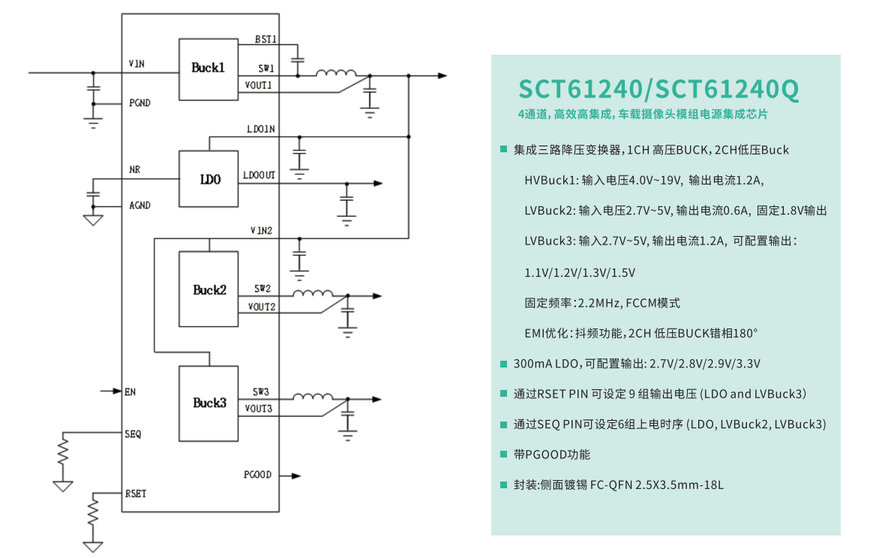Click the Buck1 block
pos(208,68)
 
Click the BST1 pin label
pos(265,39)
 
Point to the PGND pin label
pos(139,103)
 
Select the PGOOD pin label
pos(257,475)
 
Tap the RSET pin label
pos(136,493)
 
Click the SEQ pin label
pos(133,433)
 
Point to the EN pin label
pos(130,391)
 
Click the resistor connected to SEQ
pos(64,451)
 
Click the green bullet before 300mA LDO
pos(504,364)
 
